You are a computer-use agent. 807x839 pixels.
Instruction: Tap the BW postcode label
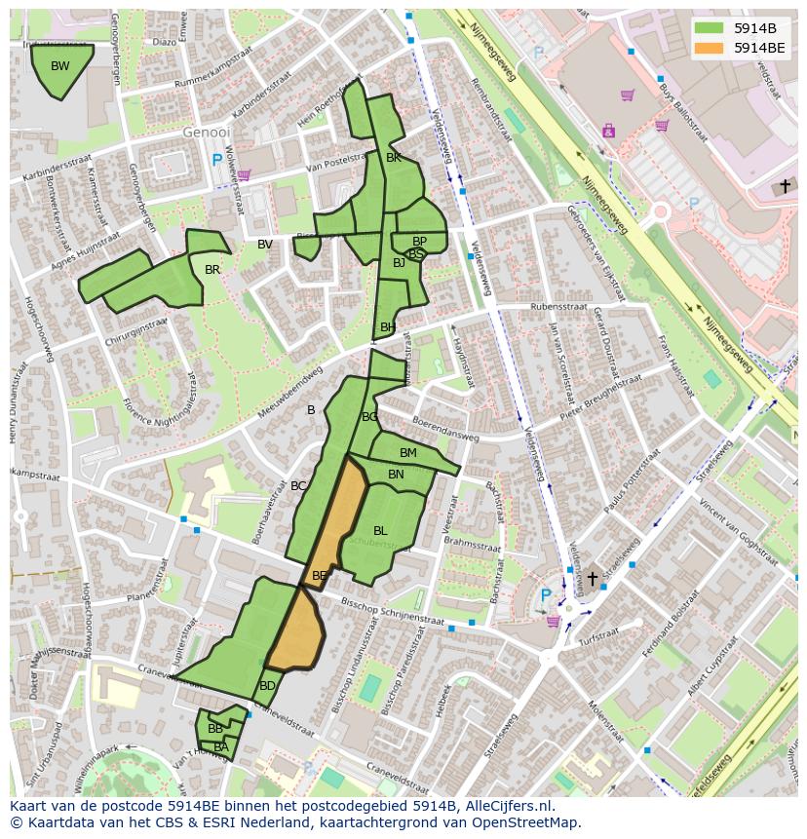(x=60, y=66)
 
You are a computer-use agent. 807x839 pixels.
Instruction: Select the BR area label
(x=212, y=270)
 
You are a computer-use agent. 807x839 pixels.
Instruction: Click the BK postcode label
(x=394, y=157)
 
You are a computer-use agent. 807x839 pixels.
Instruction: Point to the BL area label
(x=380, y=531)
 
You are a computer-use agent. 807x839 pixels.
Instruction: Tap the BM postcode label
(x=408, y=453)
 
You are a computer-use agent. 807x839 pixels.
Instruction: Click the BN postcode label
(x=396, y=475)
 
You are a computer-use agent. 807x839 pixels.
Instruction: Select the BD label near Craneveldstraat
(x=267, y=686)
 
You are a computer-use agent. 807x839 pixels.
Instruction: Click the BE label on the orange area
(x=320, y=576)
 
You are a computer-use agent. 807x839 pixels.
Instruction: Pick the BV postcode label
(x=265, y=245)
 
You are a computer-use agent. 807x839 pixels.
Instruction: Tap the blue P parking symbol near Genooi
(x=216, y=159)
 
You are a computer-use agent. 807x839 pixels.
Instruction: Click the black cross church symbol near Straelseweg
(x=592, y=578)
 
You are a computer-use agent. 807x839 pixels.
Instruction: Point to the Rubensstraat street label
(x=558, y=306)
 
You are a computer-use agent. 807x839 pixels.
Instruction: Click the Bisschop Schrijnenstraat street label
(x=393, y=614)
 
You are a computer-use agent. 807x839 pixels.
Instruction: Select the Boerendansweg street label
(x=444, y=430)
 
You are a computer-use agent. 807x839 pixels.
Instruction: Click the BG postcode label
(x=369, y=417)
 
